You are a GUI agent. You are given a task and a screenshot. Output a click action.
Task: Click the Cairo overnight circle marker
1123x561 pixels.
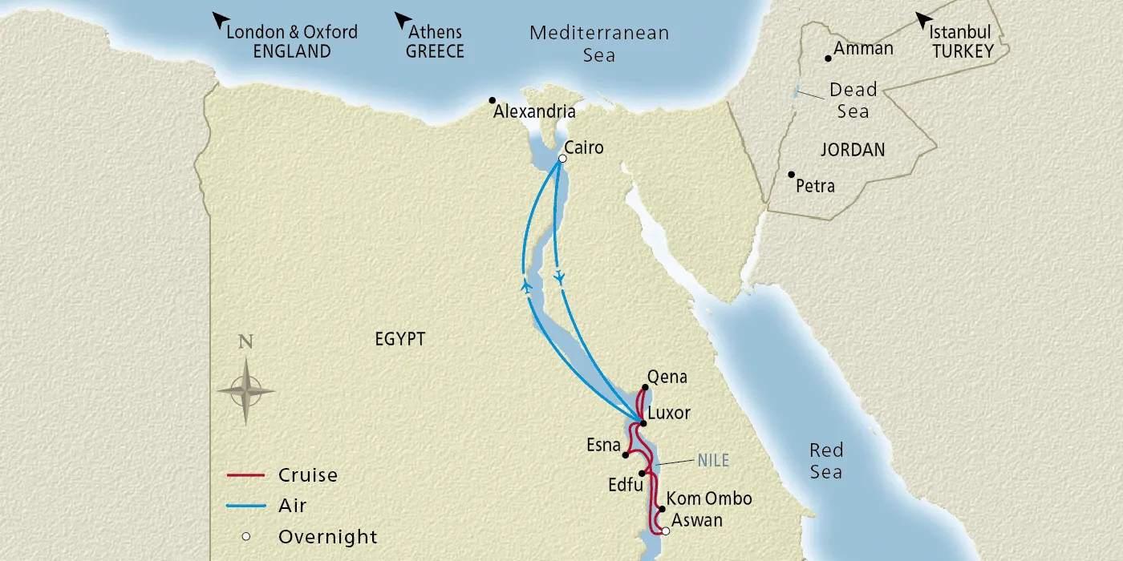click(562, 159)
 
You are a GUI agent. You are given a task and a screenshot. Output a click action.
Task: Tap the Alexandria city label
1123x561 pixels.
click(534, 112)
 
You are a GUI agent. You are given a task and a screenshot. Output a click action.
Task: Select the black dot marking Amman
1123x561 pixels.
click(828, 59)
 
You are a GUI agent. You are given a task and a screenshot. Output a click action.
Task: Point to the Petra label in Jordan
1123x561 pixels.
click(815, 187)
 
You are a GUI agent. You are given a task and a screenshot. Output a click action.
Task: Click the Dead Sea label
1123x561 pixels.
click(853, 100)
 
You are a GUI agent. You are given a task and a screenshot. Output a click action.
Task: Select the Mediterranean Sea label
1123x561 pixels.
click(599, 44)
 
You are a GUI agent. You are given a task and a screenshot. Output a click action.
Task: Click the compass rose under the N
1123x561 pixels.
click(245, 391)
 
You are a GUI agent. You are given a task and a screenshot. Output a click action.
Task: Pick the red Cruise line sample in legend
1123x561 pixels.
click(245, 475)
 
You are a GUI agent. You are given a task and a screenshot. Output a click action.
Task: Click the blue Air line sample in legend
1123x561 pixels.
click(245, 506)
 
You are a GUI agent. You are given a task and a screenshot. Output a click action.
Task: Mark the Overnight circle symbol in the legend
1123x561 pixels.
click(247, 537)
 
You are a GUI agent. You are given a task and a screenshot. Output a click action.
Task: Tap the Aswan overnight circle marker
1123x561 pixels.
click(665, 530)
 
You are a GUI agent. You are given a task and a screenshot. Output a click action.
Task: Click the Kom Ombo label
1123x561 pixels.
click(709, 499)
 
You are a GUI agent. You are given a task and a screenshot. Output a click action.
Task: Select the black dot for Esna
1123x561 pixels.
click(626, 455)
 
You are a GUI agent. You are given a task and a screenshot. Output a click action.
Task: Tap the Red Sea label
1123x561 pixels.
click(825, 461)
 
